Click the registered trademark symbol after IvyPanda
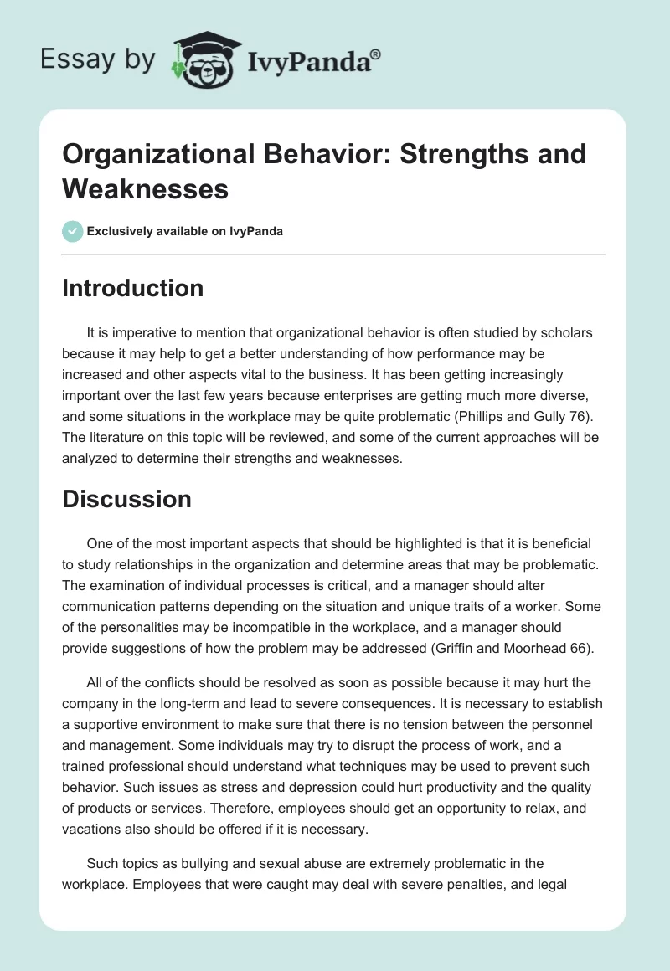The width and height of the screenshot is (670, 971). point(376,54)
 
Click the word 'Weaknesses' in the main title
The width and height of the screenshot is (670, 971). point(146,189)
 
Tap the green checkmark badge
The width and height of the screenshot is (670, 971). point(73,231)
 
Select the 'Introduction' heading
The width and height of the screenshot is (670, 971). point(133,288)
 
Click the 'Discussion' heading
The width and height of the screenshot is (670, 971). point(126,499)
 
